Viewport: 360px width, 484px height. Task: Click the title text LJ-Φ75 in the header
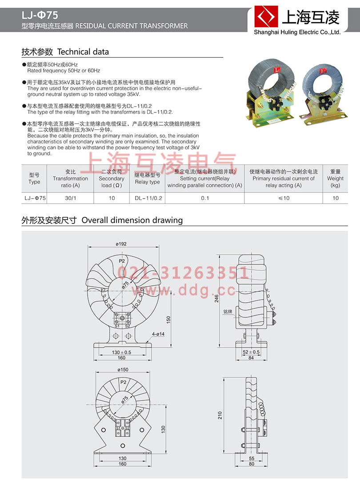[x=40, y=16]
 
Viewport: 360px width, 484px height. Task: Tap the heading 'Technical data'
[x=83, y=52]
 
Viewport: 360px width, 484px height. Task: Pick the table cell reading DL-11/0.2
[x=147, y=198]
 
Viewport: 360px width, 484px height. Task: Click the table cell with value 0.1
[x=204, y=198]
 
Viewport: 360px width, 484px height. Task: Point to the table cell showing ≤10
[x=283, y=198]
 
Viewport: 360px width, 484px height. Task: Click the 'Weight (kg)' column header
[x=335, y=178]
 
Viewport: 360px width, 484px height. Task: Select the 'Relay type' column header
[x=147, y=178]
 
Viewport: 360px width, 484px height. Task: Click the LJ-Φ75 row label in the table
[x=34, y=198]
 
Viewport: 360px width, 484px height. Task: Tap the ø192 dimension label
[x=121, y=244]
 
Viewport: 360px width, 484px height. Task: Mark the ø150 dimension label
[x=123, y=369]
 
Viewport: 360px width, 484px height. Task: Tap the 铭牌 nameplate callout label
[x=228, y=312]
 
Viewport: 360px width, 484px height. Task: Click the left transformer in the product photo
[x=271, y=91]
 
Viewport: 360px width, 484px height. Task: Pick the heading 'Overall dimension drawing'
[x=132, y=220]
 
